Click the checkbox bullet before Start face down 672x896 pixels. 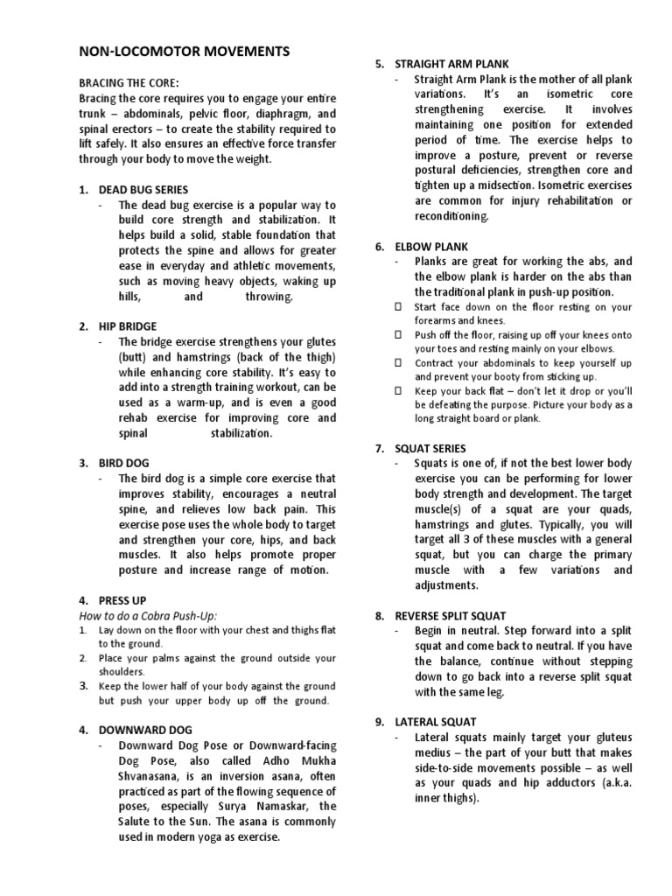click(397, 307)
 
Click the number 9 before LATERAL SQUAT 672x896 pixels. click(379, 722)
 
